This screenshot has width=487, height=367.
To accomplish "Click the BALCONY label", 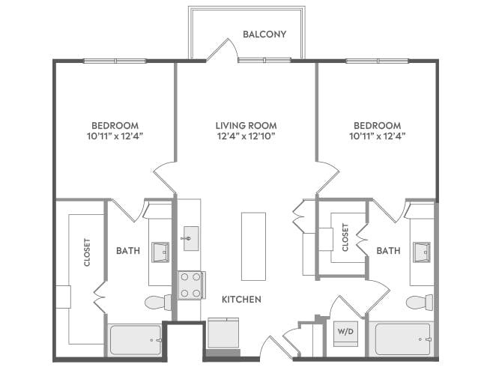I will [x=264, y=34].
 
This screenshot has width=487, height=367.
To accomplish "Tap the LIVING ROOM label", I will [x=246, y=125].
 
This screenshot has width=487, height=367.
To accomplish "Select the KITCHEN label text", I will [x=241, y=300].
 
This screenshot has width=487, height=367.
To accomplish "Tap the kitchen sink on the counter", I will [x=190, y=239].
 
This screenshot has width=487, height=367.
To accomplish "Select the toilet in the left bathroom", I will [x=158, y=303].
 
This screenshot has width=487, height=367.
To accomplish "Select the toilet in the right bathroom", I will [x=419, y=303].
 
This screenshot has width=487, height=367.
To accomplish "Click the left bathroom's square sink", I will [x=160, y=252].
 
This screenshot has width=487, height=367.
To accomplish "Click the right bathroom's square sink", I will [x=422, y=252].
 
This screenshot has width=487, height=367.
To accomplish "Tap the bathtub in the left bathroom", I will [x=136, y=339].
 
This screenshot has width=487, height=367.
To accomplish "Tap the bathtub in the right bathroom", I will [x=403, y=339].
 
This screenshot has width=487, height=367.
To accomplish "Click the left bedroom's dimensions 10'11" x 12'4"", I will [x=115, y=136].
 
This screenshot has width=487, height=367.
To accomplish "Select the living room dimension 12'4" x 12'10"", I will [x=246, y=136].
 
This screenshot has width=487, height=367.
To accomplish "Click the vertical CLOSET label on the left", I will [x=87, y=253].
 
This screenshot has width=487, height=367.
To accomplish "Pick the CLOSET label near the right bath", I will [x=345, y=237].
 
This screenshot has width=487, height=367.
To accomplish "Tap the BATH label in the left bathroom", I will [x=128, y=251].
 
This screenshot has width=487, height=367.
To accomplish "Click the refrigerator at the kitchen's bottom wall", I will [x=223, y=333].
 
